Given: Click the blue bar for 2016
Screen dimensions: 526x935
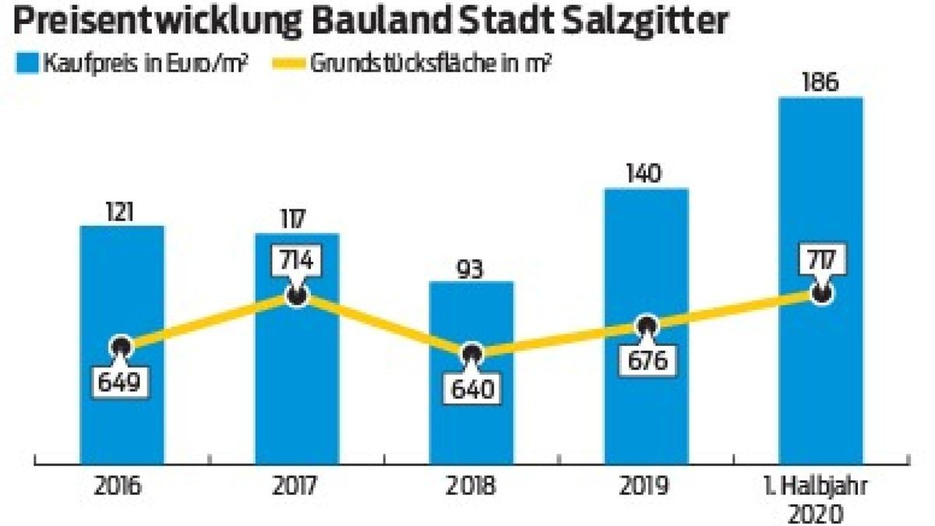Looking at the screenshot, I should click(x=122, y=296).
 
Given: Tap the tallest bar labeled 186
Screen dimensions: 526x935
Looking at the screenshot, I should click(x=820, y=195).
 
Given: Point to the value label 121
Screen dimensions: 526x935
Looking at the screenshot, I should click(x=122, y=211).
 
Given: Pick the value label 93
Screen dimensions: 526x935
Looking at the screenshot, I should click(x=471, y=268).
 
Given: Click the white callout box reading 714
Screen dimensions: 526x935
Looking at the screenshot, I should click(x=297, y=259).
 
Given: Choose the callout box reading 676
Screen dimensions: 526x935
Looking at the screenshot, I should click(x=646, y=361).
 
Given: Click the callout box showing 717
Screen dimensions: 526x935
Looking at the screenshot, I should click(x=820, y=259).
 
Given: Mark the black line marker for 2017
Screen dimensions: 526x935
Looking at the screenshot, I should click(x=296, y=295).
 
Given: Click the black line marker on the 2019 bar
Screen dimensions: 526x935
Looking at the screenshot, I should click(x=646, y=327).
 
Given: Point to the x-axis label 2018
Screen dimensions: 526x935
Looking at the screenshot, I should click(x=471, y=485).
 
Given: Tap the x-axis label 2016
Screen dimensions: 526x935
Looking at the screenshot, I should click(x=122, y=485).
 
